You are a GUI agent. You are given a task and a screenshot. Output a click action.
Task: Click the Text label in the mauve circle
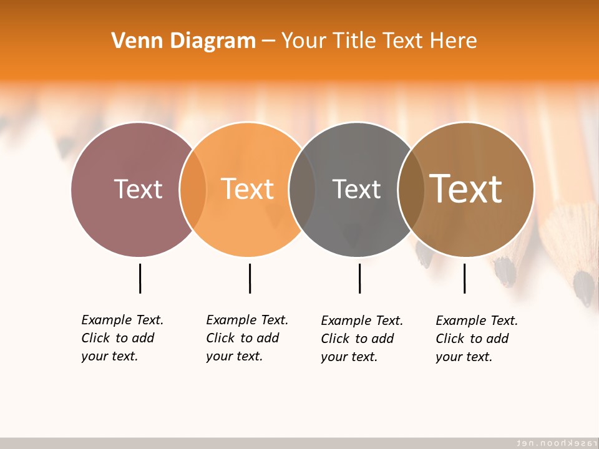pyautogui.click(x=138, y=189)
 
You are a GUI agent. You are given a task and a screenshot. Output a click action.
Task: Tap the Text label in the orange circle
pyautogui.click(x=247, y=189)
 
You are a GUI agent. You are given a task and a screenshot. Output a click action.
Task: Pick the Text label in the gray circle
pyautogui.click(x=356, y=189)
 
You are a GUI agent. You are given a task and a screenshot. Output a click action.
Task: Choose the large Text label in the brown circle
pyautogui.click(x=465, y=188)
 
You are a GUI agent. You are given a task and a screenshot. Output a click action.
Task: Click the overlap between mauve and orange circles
pyautogui.click(x=193, y=189)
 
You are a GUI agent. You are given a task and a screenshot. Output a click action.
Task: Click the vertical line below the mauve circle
pyautogui.click(x=140, y=278)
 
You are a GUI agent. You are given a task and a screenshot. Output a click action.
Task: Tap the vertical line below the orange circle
pyautogui.click(x=250, y=278)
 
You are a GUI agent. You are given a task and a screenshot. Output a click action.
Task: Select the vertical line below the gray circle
pyautogui.click(x=359, y=278)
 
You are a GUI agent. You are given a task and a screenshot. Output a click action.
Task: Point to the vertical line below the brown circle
pyautogui.click(x=464, y=278)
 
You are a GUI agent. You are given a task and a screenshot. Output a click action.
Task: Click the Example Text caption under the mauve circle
pyautogui.click(x=122, y=338)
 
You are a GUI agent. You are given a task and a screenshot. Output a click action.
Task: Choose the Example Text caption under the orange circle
pyautogui.click(x=247, y=338)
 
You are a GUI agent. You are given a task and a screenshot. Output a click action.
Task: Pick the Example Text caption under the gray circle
pyautogui.click(x=362, y=339)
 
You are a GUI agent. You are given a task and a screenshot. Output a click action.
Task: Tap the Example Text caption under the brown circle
pyautogui.click(x=477, y=339)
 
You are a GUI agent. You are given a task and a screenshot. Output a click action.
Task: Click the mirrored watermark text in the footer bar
pyautogui.click(x=553, y=443)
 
